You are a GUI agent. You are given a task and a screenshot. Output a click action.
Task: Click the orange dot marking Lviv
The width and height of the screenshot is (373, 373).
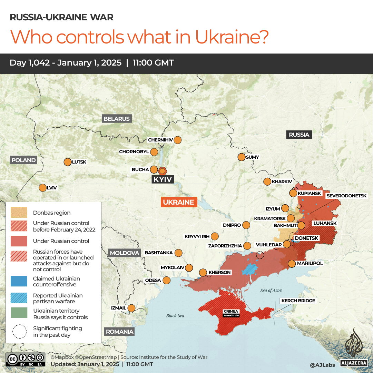click(x=42, y=188)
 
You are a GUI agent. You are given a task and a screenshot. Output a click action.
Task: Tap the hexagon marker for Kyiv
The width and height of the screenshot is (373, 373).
click(x=163, y=171)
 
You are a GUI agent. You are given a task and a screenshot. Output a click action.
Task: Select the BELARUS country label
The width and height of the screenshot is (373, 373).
click(x=117, y=119)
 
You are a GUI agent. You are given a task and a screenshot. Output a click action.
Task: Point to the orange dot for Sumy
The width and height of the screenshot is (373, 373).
click(x=241, y=157)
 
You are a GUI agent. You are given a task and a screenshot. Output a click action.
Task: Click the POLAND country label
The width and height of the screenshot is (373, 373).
click(x=23, y=160)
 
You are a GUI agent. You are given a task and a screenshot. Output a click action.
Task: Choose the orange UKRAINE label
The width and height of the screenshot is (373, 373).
click(x=178, y=202)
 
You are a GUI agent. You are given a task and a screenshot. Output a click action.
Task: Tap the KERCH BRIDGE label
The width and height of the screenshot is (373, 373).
click(x=298, y=301)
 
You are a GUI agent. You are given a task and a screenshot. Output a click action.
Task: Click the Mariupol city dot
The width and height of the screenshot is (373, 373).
click(x=292, y=264)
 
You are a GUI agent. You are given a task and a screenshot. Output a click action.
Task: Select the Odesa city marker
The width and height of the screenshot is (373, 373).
click(x=167, y=280)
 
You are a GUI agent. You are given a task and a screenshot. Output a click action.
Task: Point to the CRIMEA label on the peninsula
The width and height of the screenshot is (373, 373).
click(x=231, y=312)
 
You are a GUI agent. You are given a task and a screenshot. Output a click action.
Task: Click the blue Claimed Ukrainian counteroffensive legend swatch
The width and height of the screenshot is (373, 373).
click(x=19, y=281)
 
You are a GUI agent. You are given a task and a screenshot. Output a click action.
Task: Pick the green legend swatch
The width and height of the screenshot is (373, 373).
click(x=19, y=313)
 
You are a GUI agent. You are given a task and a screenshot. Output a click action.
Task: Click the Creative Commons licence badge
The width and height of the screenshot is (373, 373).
click(x=25, y=359)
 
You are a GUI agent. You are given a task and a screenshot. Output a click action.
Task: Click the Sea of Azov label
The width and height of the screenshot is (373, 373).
click(x=271, y=291)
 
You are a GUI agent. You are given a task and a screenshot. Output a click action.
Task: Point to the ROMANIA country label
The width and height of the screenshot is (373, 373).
click(x=119, y=332)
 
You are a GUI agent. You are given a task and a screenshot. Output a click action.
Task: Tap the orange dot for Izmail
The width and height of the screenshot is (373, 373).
click(x=131, y=308)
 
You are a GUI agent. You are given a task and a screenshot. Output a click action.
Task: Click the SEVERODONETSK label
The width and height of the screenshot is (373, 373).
click(x=346, y=196)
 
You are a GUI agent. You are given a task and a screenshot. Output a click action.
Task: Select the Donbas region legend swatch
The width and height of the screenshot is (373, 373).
click(x=19, y=213)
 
